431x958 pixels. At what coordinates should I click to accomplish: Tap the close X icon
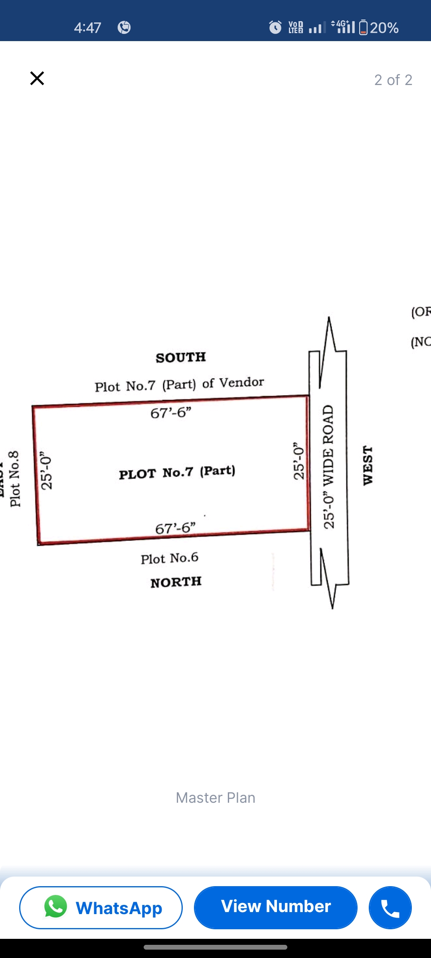pyautogui.click(x=37, y=78)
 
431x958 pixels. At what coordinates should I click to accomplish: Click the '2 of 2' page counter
pyautogui.click(x=393, y=80)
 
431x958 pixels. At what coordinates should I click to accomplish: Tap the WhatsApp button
pyautogui.click(x=101, y=907)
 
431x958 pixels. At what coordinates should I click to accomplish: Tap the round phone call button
pyautogui.click(x=390, y=907)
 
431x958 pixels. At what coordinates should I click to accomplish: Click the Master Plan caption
pyautogui.click(x=215, y=798)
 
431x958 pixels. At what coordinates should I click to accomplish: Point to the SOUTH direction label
pyautogui.click(x=181, y=357)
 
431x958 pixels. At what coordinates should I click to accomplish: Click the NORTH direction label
pyautogui.click(x=176, y=582)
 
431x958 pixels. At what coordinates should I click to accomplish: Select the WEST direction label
pyautogui.click(x=368, y=465)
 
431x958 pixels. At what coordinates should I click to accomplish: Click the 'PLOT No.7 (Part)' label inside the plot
pyautogui.click(x=177, y=473)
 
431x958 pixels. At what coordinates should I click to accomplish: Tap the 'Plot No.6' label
pyautogui.click(x=170, y=558)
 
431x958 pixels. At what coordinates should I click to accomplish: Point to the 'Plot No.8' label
pyautogui.click(x=15, y=479)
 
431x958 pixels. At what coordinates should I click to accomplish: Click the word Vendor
pyautogui.click(x=242, y=382)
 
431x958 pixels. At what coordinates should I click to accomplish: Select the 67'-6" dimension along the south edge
pyautogui.click(x=171, y=413)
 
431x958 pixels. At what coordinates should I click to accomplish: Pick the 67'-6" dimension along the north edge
pyautogui.click(x=175, y=528)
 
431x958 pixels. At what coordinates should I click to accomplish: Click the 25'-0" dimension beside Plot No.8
pyautogui.click(x=47, y=471)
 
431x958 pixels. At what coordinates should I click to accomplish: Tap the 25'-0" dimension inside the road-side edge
pyautogui.click(x=299, y=461)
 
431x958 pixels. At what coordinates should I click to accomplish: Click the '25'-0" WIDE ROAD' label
pyautogui.click(x=328, y=467)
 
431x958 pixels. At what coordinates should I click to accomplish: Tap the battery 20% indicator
pyautogui.click(x=379, y=28)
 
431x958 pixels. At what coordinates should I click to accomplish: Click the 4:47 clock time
pyautogui.click(x=87, y=28)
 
